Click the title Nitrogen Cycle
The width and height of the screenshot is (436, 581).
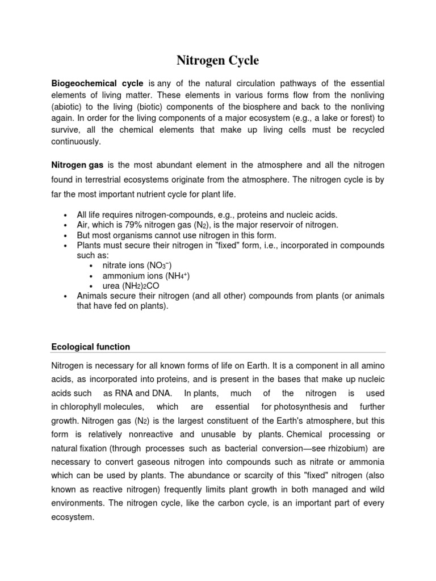pos(217,60)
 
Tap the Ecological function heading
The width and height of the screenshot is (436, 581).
pos(90,347)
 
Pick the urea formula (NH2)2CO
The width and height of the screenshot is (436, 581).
pos(139,286)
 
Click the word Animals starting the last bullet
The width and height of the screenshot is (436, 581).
pos(93,296)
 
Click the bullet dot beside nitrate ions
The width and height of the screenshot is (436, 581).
pos(93,266)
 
